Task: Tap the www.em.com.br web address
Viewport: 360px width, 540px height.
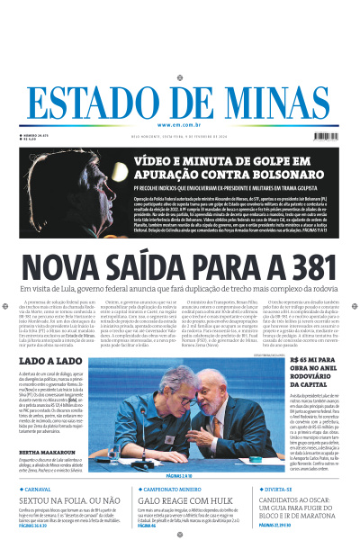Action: (180, 125)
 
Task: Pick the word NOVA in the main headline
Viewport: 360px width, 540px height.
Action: (63, 267)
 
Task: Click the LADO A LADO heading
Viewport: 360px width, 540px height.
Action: (49, 362)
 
